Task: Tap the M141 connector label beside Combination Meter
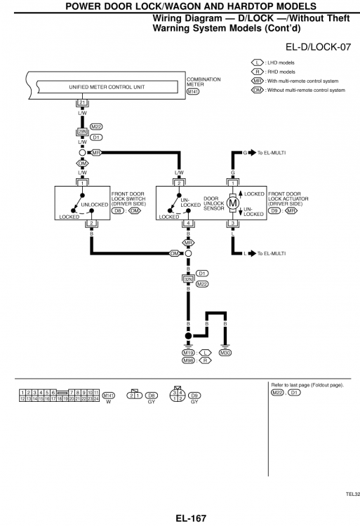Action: [193, 91]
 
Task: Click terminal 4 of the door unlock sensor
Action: [188, 224]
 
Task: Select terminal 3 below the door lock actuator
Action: [233, 224]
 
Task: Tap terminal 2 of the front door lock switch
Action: [91, 224]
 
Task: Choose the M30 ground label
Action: [225, 353]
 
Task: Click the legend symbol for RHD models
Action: [257, 72]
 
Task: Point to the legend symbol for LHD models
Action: [257, 62]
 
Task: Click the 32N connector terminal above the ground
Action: [188, 278]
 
